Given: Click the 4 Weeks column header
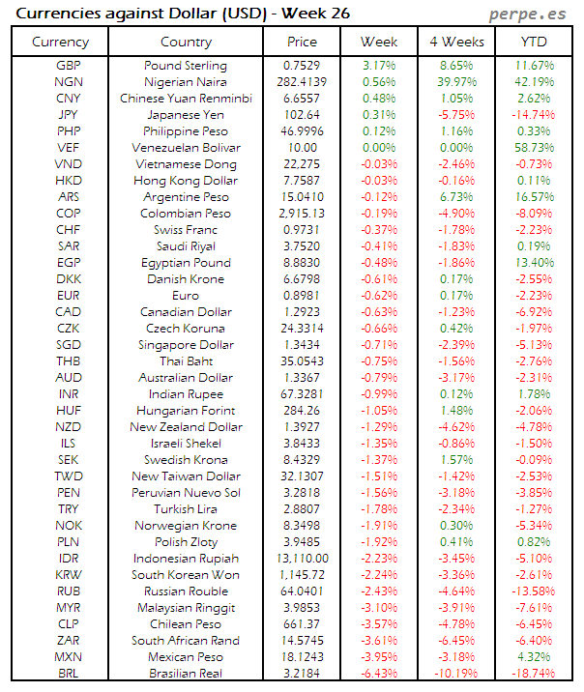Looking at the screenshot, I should [455, 42].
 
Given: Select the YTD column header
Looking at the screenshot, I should [533, 42].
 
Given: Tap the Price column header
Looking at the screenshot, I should [302, 42].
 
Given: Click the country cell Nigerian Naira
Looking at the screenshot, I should [185, 82].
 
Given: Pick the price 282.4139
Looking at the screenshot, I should [302, 82].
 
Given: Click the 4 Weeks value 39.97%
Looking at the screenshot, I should [455, 82].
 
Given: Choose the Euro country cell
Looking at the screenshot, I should [185, 296].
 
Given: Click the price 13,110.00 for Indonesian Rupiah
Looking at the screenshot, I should [302, 558].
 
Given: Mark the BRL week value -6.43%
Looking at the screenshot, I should [379, 673].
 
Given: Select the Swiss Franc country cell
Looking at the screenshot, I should [185, 230].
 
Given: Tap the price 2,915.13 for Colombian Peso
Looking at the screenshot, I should [302, 214].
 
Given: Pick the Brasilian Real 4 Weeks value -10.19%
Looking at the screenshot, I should [455, 673].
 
